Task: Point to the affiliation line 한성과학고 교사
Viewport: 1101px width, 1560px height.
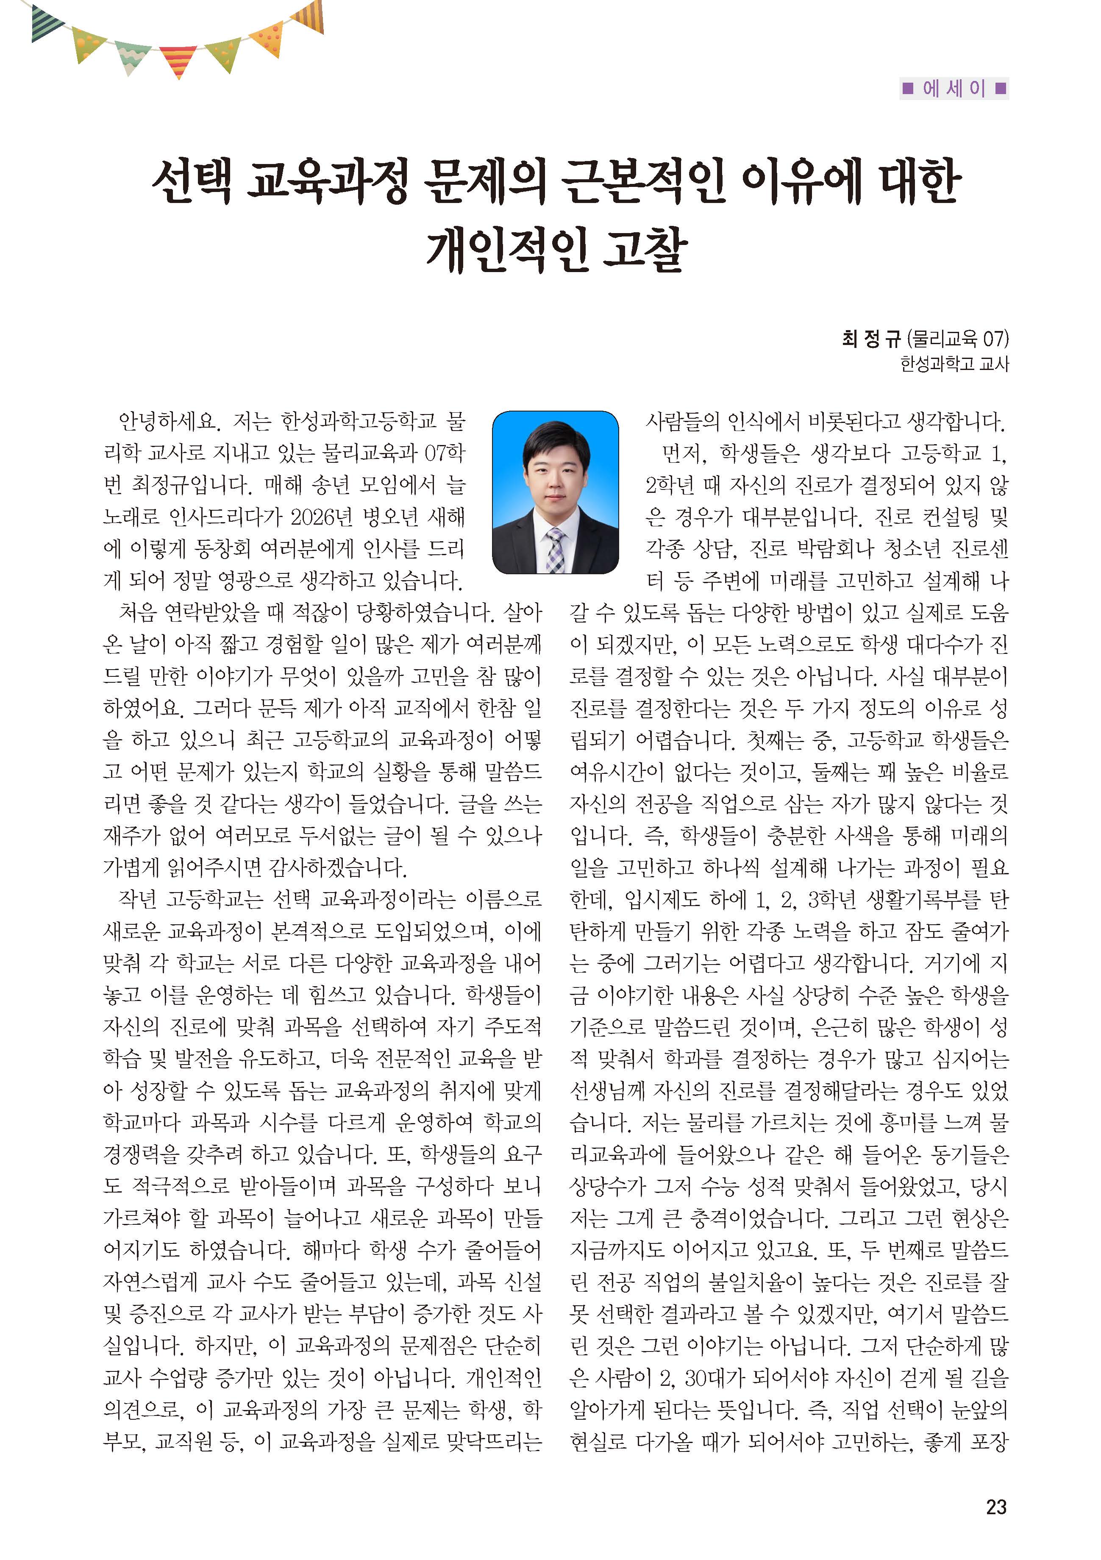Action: click(954, 364)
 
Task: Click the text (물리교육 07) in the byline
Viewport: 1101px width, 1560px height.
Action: click(958, 338)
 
